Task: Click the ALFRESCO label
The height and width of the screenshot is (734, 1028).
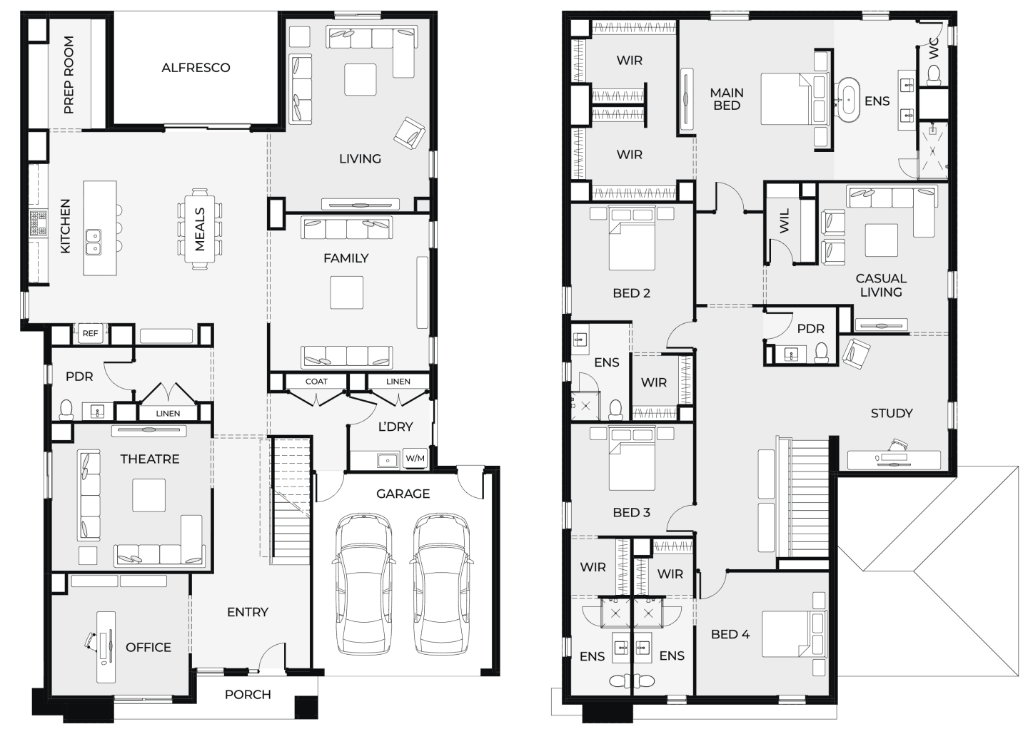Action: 196,68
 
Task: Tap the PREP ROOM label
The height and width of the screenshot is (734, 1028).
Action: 69,75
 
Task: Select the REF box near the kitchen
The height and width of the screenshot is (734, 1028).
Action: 91,333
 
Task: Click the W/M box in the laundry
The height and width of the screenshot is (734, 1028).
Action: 415,458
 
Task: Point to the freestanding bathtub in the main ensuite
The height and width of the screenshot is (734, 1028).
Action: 849,99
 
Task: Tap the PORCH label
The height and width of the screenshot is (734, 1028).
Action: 248,695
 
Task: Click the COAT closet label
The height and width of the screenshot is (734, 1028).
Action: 316,382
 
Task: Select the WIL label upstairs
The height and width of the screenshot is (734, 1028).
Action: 785,220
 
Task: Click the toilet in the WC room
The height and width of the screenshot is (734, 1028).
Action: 934,76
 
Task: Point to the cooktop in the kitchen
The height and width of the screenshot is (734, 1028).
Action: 39,223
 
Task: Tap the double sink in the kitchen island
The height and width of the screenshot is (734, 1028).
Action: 94,242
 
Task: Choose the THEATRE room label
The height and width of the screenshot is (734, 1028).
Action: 150,459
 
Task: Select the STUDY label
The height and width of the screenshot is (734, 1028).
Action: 892,414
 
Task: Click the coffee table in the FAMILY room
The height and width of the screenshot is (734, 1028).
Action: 347,292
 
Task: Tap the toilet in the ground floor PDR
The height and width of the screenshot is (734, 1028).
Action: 66,409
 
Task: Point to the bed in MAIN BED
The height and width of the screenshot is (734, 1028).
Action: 795,98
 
